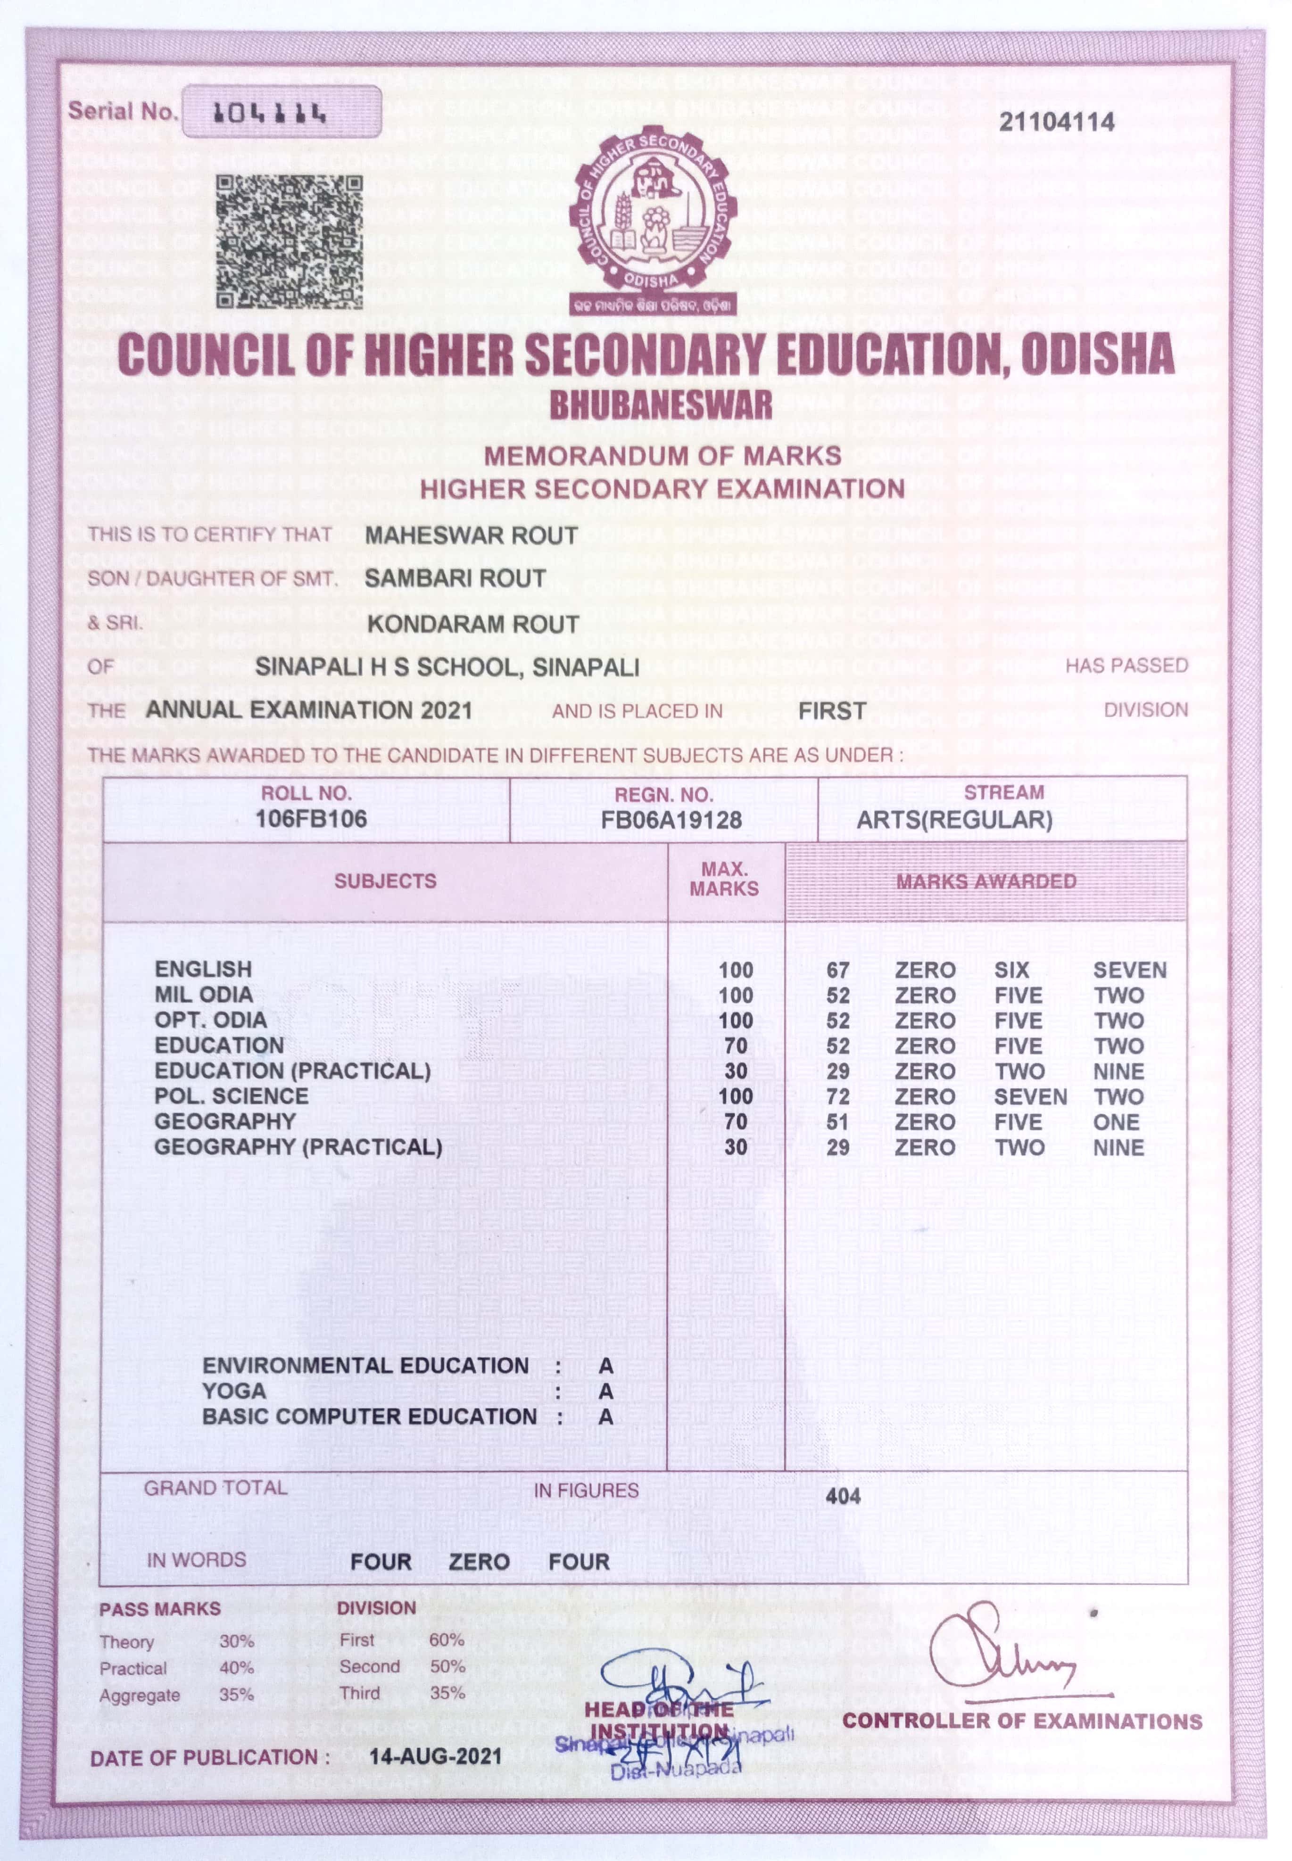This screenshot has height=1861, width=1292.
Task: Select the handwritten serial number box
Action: point(281,112)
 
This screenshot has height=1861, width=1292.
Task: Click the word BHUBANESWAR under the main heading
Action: point(661,404)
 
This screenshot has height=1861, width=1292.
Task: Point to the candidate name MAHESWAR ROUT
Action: point(471,535)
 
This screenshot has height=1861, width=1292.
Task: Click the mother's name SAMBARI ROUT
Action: point(455,578)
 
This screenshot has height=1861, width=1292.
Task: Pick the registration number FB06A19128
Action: point(671,821)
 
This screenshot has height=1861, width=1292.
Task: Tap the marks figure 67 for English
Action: point(838,970)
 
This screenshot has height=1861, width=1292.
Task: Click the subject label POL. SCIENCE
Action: point(232,1096)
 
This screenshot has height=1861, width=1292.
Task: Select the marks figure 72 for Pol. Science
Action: point(838,1097)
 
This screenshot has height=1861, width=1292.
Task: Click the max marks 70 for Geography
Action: point(736,1122)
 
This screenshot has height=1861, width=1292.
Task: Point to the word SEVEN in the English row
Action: point(1129,970)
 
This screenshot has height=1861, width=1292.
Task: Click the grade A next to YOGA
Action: point(605,1392)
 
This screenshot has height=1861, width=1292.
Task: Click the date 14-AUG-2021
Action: point(436,1757)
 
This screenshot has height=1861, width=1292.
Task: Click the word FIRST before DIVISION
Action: point(832,711)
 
